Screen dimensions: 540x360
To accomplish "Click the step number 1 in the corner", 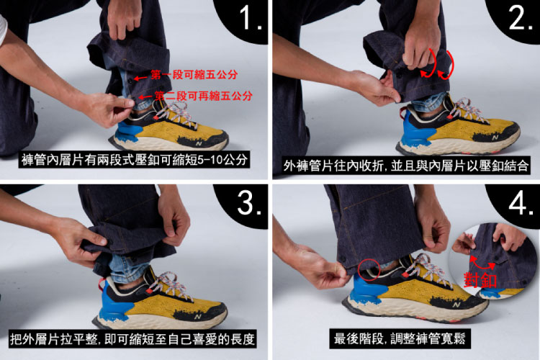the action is (251, 18).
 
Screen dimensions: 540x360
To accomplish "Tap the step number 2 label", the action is (520, 18).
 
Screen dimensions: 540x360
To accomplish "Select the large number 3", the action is (248, 202).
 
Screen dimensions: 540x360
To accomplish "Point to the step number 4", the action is (521, 202).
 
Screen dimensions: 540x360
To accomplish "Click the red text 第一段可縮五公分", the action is (194, 74).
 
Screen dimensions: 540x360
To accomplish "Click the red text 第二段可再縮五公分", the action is (203, 96).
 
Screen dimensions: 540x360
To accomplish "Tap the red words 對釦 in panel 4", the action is (480, 279).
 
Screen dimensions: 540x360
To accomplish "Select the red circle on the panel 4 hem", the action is (369, 269).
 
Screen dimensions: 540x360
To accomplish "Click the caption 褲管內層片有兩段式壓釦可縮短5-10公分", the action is (135, 160).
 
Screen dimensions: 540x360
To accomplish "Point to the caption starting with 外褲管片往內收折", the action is (405, 166).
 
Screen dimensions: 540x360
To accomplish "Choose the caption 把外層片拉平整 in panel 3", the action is (132, 339).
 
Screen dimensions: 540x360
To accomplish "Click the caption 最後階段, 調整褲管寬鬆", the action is (400, 338).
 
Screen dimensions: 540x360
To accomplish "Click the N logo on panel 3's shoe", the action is (198, 317).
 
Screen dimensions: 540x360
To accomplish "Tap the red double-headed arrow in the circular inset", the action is (482, 262).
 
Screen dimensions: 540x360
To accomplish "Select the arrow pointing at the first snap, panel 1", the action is (140, 78).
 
